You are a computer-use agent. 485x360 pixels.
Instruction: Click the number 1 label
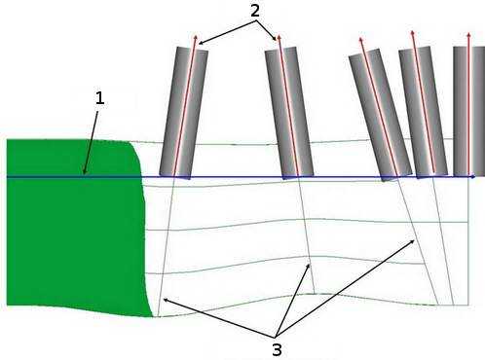99,99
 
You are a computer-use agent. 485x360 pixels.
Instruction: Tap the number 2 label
254,11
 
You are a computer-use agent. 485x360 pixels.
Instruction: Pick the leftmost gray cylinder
182,112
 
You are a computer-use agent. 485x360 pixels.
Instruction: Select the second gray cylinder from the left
289,112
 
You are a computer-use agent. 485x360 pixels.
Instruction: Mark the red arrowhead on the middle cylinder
360,41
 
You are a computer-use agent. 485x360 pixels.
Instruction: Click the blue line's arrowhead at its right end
473,177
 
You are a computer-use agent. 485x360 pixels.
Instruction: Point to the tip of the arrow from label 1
84,173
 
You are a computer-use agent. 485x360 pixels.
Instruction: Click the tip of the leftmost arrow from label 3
163,299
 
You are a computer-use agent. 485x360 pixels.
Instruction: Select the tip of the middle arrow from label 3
310,262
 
